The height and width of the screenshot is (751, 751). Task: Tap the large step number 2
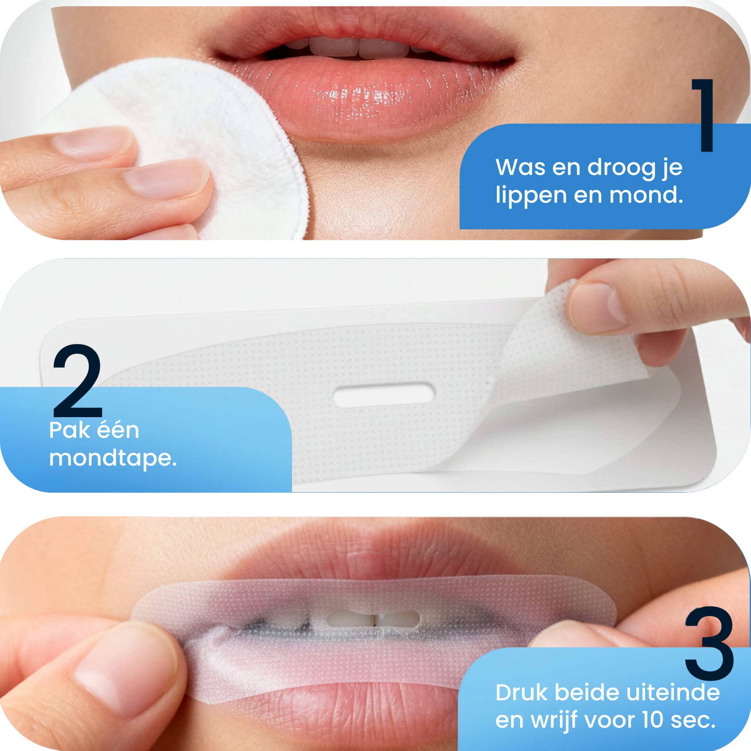(78, 381)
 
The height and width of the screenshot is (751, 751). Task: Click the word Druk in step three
(522, 693)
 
